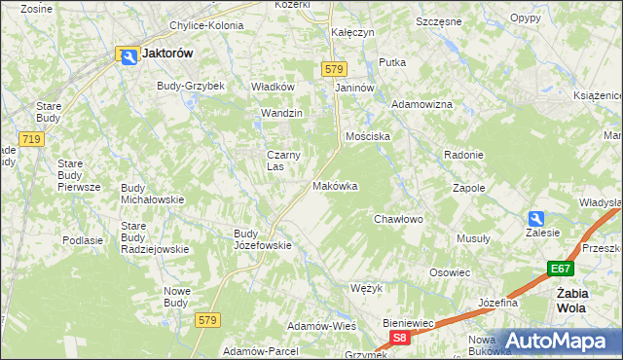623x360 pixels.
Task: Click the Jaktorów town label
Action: pos(166,54)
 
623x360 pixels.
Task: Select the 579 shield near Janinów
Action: pos(334,68)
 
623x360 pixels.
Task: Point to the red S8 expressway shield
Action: pos(399,337)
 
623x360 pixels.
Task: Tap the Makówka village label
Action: pos(335,185)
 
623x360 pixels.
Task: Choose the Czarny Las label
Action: pos(283,160)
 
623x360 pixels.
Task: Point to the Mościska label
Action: pos(368,137)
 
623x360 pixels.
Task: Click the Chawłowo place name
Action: pos(398,219)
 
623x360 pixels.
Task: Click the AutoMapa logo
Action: pos(563,342)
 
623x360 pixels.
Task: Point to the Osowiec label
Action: pos(450,272)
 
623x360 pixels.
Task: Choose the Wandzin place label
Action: pos(281,113)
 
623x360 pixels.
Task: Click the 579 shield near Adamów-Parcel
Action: pos(206,319)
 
